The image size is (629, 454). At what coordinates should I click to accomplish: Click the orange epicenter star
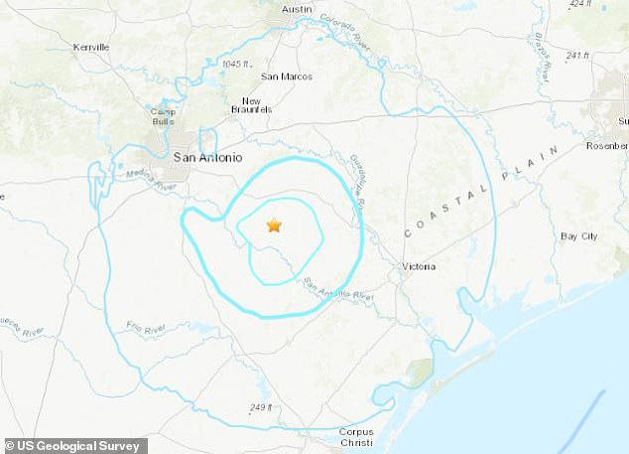point(274,226)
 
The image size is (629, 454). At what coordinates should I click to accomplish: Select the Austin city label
point(297,9)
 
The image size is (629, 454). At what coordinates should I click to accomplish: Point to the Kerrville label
point(91,47)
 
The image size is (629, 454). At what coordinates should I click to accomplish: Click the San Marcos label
point(287,76)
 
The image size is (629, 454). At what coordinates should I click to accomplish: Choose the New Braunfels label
point(252,105)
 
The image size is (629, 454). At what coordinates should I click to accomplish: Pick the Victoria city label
point(421,266)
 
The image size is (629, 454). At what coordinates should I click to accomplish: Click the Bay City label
point(578,236)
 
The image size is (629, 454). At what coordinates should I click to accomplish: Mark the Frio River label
point(146,326)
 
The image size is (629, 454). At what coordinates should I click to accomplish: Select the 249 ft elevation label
point(261,407)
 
